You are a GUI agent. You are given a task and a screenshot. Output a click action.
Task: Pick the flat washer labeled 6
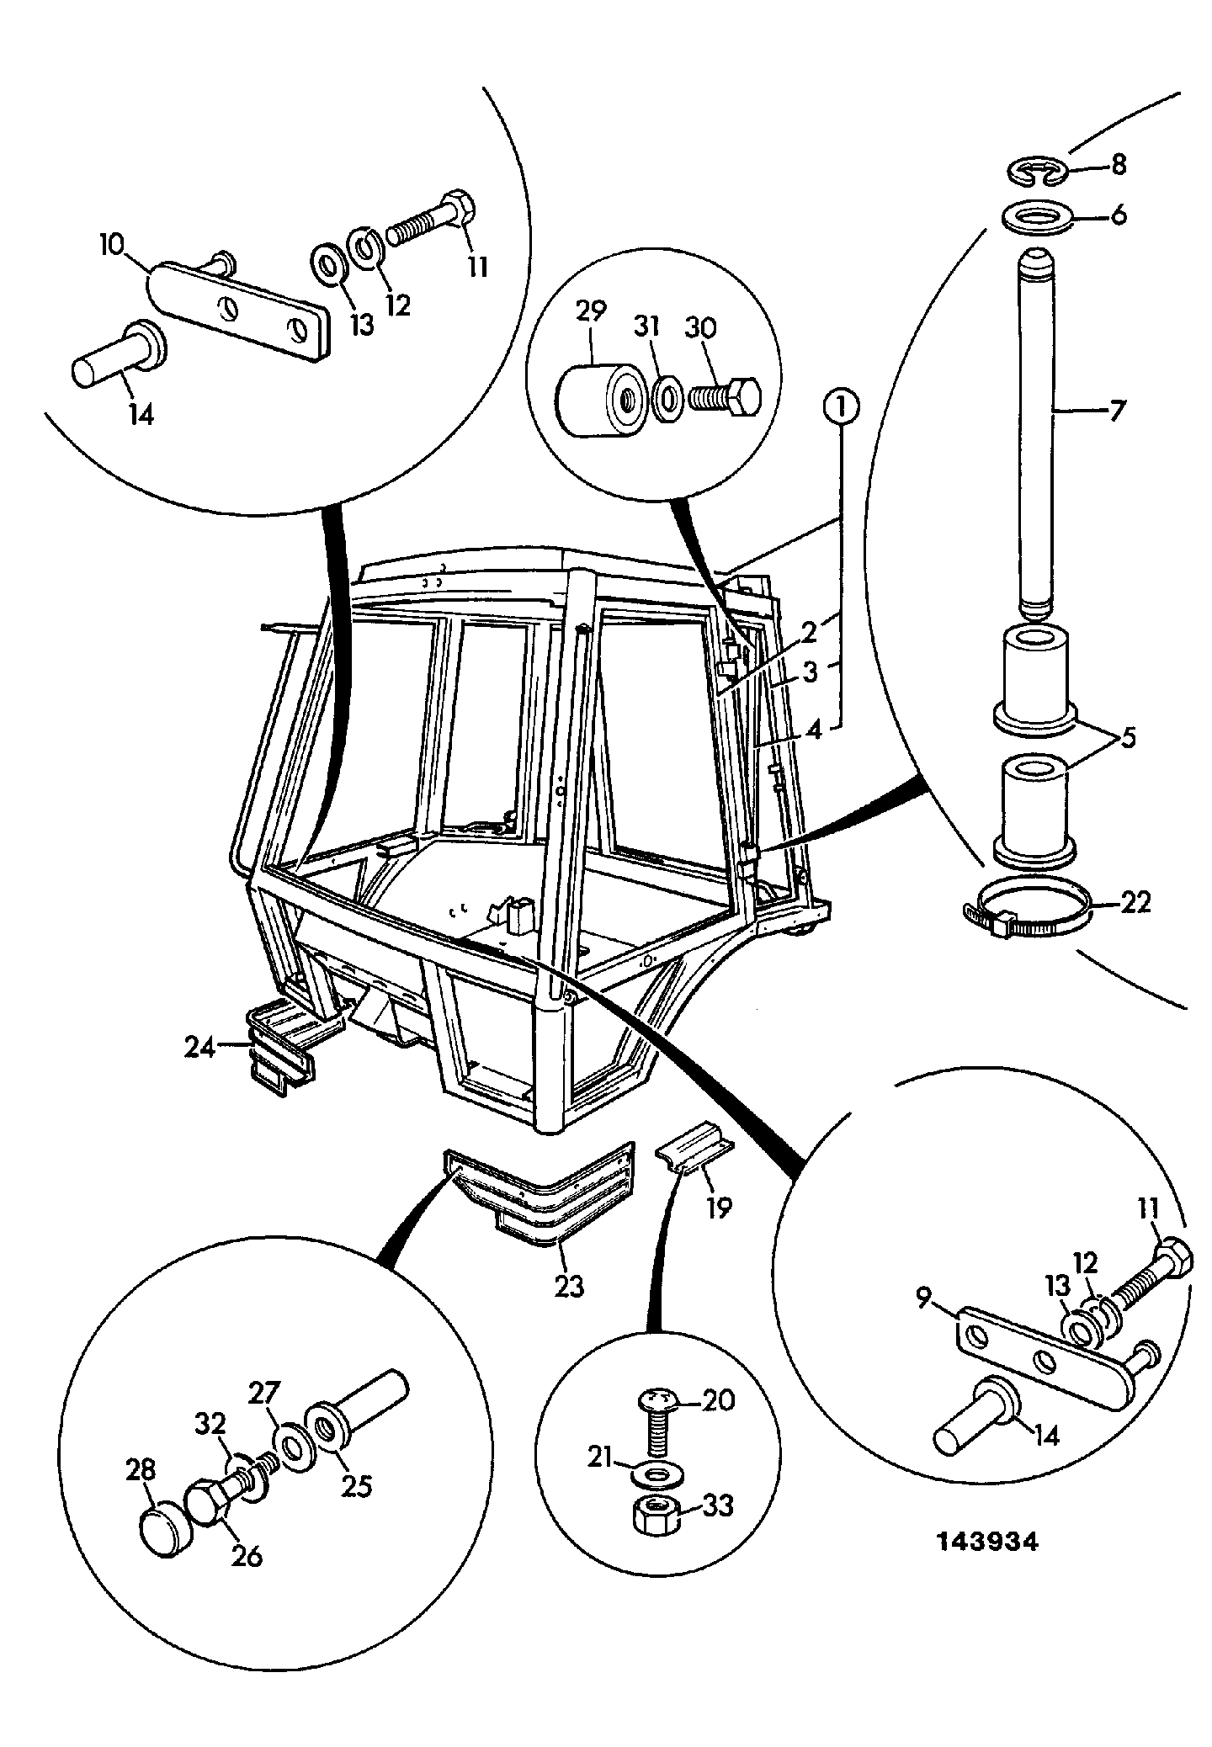(x=1037, y=217)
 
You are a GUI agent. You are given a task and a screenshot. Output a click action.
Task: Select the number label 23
(x=568, y=1287)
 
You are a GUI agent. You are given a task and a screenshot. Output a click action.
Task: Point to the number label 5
(x=1128, y=739)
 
